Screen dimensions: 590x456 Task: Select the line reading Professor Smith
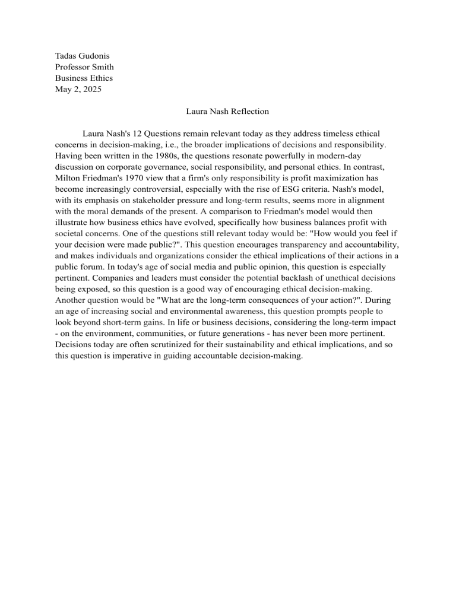click(84, 67)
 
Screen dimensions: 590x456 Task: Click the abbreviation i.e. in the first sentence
click(164, 144)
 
